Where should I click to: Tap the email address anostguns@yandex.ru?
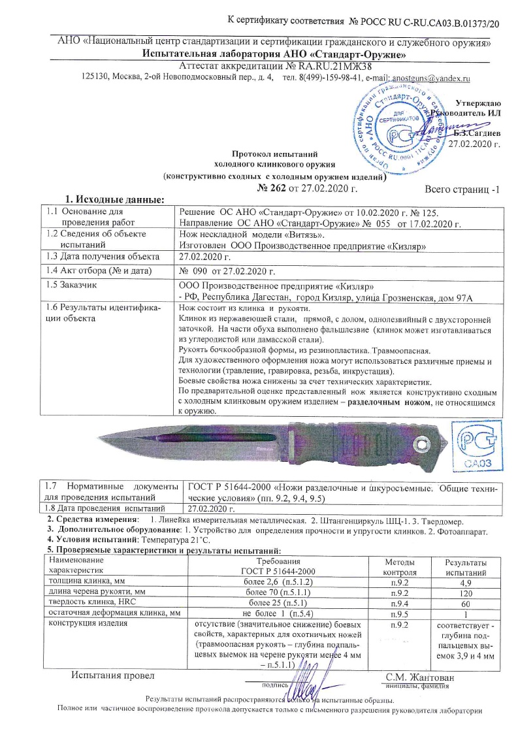pyautogui.click(x=432, y=78)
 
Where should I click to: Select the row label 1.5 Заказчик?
pyautogui.click(x=70, y=285)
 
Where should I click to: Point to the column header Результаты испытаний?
pyautogui.click(x=466, y=566)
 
